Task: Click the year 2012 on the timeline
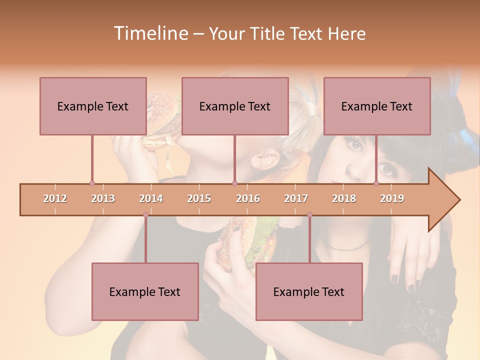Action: pyautogui.click(x=55, y=198)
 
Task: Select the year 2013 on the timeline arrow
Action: pyautogui.click(x=103, y=198)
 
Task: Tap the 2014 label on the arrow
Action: pyautogui.click(x=151, y=198)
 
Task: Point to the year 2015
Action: pyautogui.click(x=199, y=198)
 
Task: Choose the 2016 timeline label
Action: pyautogui.click(x=248, y=198)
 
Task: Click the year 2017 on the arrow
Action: pyautogui.click(x=296, y=198)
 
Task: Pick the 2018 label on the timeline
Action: pyautogui.click(x=344, y=198)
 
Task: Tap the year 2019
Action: pyautogui.click(x=392, y=198)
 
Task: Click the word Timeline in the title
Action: pyautogui.click(x=150, y=33)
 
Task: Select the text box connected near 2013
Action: pyautogui.click(x=93, y=106)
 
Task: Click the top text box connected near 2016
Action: pyautogui.click(x=235, y=106)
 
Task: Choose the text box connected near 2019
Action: pyautogui.click(x=377, y=106)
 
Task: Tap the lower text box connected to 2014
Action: pyautogui.click(x=145, y=291)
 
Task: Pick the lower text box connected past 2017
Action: pyautogui.click(x=309, y=291)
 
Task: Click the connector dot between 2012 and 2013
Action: pyautogui.click(x=92, y=183)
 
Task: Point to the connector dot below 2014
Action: pyautogui.click(x=145, y=215)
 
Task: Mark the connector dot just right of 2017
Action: pyautogui.click(x=309, y=215)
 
